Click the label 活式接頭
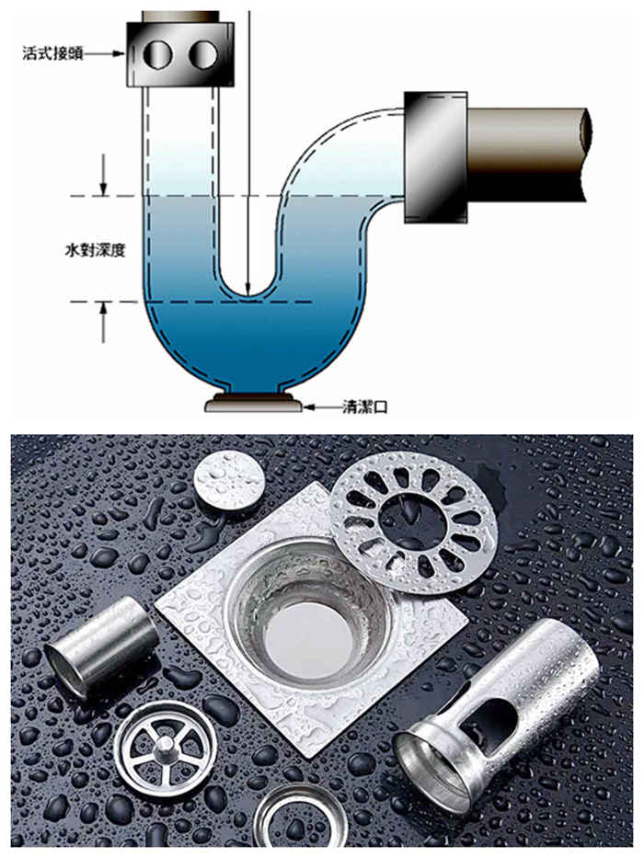(52, 53)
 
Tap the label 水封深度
(96, 251)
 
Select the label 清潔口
(364, 406)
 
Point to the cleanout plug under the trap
(253, 404)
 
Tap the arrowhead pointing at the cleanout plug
(308, 406)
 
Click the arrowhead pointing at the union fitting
(120, 53)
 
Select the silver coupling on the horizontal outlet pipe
(436, 157)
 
